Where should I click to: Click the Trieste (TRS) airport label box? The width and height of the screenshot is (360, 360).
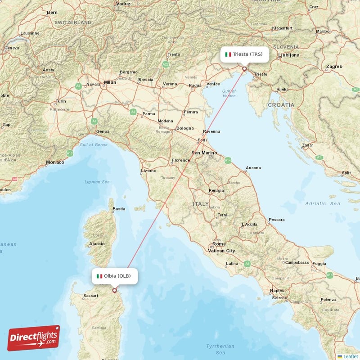[x=244, y=54]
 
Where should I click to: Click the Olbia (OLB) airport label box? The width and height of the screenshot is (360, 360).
[x=114, y=276]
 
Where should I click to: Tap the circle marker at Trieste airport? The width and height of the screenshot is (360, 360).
[x=244, y=69]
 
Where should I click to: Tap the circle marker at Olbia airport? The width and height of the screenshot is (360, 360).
[x=114, y=290]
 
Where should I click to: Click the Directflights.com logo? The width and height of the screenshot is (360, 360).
[x=34, y=338]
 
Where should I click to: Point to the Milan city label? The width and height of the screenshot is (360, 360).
[x=110, y=82]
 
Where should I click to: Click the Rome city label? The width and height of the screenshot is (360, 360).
[x=219, y=244]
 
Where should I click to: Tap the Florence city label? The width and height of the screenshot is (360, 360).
[x=180, y=160]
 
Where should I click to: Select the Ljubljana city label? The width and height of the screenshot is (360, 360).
[x=289, y=55]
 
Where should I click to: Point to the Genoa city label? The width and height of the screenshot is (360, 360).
[x=103, y=131]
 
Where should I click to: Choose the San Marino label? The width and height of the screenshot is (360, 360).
[x=204, y=153]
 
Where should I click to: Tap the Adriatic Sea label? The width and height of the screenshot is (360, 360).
[x=322, y=204]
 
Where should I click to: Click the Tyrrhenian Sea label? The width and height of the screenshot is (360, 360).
[x=220, y=349]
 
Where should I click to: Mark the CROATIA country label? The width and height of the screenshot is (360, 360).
[x=281, y=105]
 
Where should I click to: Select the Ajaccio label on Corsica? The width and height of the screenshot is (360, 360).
[x=97, y=244]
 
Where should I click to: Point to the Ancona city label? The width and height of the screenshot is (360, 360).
[x=253, y=168]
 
